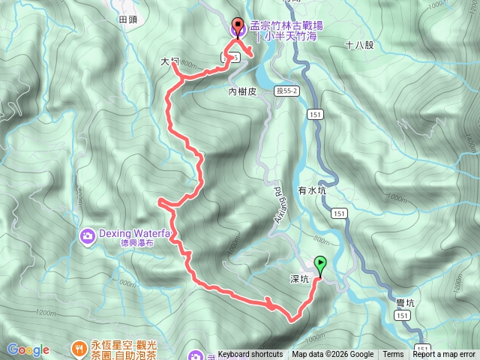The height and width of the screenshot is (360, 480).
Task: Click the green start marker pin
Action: point(321,265)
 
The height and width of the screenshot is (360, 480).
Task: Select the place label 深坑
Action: point(300,279)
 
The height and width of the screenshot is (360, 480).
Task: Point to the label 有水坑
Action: point(313,190)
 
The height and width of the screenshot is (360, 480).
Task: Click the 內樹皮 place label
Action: point(242,91)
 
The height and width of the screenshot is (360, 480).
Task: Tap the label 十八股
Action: point(360,45)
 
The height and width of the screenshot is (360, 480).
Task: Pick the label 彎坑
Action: point(406,301)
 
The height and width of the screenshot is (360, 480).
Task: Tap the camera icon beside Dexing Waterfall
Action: point(88,236)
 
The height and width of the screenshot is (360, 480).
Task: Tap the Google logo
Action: point(28,349)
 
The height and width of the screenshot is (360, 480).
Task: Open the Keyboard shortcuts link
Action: point(250,355)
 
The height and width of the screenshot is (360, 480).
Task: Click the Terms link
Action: point(393,355)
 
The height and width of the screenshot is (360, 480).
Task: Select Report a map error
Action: point(444,355)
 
